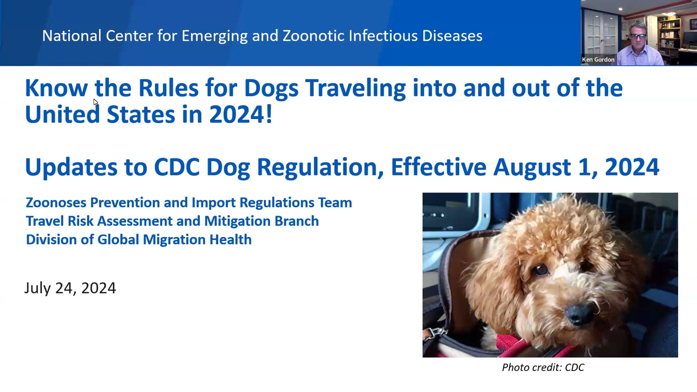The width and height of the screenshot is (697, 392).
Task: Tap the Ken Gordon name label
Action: [598, 60]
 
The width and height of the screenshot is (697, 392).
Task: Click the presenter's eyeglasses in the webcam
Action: [638, 36]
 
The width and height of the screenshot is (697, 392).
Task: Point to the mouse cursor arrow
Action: [96, 102]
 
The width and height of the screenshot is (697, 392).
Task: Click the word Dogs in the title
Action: [271, 88]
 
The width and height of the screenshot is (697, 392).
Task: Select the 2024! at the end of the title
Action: [240, 114]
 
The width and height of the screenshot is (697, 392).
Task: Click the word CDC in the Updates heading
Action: [177, 167]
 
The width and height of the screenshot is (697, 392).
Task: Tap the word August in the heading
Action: [532, 167]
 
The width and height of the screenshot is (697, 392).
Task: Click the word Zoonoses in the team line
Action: [56, 202]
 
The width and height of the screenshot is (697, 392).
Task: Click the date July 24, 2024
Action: [70, 288]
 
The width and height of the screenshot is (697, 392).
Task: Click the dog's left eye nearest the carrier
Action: [540, 269]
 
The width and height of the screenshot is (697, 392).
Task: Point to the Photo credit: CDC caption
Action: [543, 367]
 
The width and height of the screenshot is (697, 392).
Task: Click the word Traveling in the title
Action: [355, 88]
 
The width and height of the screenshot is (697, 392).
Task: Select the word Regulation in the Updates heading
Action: [320, 167]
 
